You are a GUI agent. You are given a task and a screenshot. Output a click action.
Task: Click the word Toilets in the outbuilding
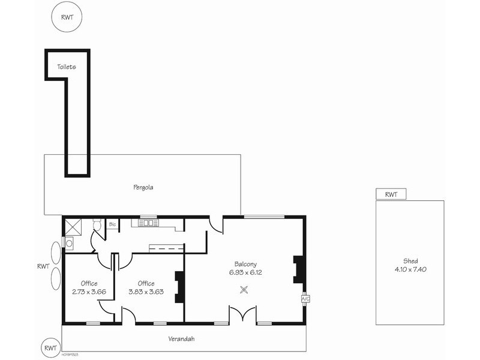pos(67,67)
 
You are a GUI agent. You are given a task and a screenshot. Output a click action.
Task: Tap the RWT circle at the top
pos(66,17)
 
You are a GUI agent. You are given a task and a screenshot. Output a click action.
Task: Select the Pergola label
pos(143,187)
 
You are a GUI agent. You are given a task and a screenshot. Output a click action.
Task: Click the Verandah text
pos(181,339)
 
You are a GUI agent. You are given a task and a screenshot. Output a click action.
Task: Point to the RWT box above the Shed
pos(391,194)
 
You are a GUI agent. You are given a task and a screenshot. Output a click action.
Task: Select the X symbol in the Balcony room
pos(244,289)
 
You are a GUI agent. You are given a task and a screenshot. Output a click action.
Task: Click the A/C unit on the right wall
pos(305,298)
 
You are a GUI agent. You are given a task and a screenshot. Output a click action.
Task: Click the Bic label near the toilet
pos(112,224)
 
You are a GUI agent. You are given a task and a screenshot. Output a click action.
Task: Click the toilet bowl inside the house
pos(98,226)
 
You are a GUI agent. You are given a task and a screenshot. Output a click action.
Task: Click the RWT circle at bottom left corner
pos(50,348)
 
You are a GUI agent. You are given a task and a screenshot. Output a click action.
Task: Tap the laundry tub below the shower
pos(68,243)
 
